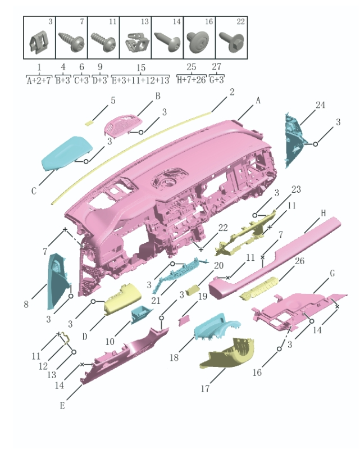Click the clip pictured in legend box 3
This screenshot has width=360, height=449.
[x=39, y=42]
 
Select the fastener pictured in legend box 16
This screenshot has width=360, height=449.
[x=198, y=42]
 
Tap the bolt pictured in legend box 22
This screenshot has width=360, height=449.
[x=231, y=42]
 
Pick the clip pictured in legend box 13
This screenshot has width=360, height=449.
[x=138, y=43]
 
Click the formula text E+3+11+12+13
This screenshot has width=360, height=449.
[x=140, y=80]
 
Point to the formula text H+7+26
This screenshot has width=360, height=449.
[x=191, y=80]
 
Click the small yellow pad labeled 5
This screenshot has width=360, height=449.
[x=89, y=123]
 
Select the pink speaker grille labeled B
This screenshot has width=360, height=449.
[x=124, y=125]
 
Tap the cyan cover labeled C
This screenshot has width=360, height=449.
[x=66, y=153]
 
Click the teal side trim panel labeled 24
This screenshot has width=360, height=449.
[x=294, y=140]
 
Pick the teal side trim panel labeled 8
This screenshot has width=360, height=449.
[x=58, y=281]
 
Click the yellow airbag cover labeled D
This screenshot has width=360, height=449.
[x=122, y=299]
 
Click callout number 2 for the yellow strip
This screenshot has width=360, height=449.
[x=232, y=92]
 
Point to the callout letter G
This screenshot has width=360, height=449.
[x=332, y=274]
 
